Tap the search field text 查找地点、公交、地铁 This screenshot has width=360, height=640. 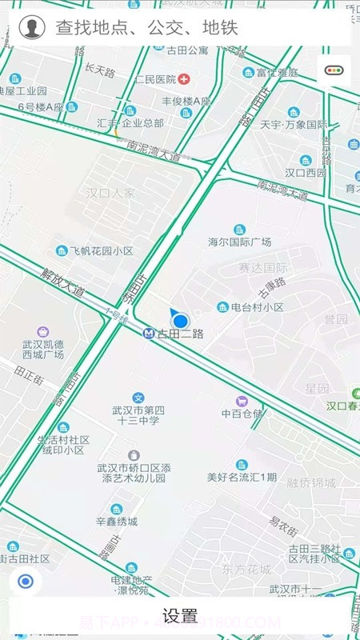pos(146,29)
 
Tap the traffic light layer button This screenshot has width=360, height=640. pos(334,70)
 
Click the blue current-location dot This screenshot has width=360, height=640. pos(181,320)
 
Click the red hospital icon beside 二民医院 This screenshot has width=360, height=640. pos(185,79)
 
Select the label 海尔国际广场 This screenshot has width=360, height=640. pos(239,242)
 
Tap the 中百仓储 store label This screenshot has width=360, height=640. pos(242,413)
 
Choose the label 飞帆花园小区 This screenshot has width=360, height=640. pos(101,250)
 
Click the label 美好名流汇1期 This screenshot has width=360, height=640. pos(242,477)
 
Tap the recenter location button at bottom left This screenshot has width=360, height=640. pos(26,582)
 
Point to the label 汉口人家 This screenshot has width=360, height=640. pos(110,193)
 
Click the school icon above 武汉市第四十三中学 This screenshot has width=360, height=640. pos(138,398)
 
